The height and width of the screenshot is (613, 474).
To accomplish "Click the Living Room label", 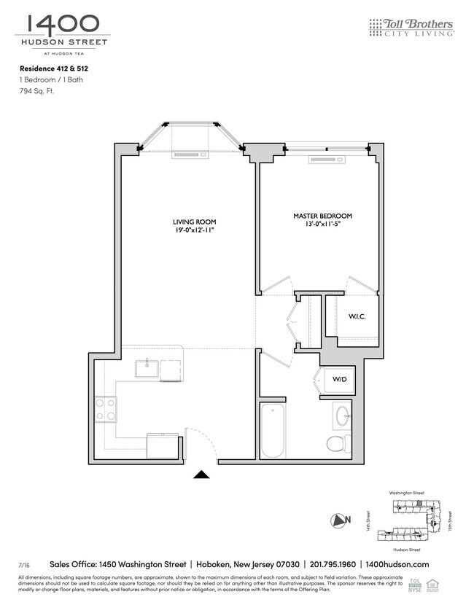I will tap(194, 222).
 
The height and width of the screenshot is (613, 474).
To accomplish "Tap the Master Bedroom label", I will tap(322, 216).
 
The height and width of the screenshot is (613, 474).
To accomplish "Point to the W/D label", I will tap(339, 379).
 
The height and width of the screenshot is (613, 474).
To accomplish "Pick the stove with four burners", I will tap(106, 408).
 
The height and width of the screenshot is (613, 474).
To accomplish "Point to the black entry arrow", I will tap(201, 475).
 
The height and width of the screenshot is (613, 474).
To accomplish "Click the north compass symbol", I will tap(338, 520).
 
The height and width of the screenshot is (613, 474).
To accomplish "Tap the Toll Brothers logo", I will tap(412, 28).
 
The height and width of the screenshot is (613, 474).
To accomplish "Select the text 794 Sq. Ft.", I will tap(36, 92).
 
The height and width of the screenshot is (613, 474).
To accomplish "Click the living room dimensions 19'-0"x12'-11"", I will tap(194, 230).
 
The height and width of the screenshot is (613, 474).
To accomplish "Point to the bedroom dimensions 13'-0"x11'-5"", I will tap(322, 224).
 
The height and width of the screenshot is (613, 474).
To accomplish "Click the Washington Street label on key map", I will tap(406, 493).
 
